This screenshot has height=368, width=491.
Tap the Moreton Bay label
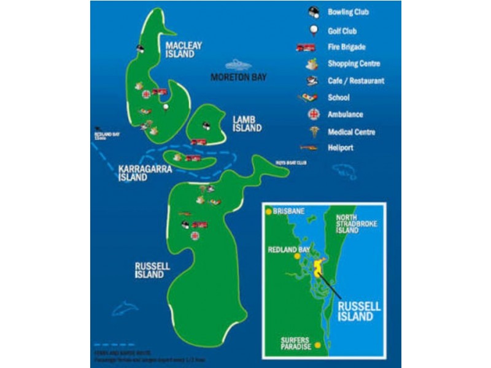click(238, 77)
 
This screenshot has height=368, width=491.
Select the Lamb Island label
click(247, 123)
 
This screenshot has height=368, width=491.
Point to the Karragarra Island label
click(133, 173)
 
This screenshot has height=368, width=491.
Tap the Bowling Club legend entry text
click(348, 12)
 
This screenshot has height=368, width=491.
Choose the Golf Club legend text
click(342, 31)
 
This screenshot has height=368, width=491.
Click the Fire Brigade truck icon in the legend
click(305, 47)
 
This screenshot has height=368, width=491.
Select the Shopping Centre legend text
click(354, 64)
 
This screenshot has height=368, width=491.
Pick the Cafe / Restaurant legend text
click(356, 80)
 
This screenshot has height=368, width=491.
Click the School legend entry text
click(338, 98)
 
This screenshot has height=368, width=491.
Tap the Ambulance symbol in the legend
click(314, 114)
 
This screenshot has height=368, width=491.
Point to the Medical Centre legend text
click(351, 132)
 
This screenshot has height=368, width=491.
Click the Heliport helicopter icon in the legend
click(308, 147)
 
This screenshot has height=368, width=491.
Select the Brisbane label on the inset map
click(288, 211)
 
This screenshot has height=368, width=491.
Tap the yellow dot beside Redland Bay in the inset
click(297, 256)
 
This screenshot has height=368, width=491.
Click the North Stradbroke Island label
click(355, 224)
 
